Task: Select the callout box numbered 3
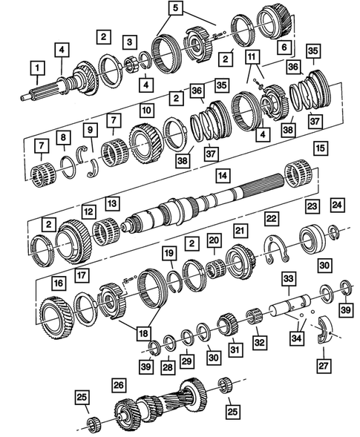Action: [130, 42]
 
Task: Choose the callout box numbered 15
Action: [320, 148]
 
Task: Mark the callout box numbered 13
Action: [113, 203]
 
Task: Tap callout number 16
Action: [58, 283]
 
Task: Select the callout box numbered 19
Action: [168, 254]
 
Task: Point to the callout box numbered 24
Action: [336, 205]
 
